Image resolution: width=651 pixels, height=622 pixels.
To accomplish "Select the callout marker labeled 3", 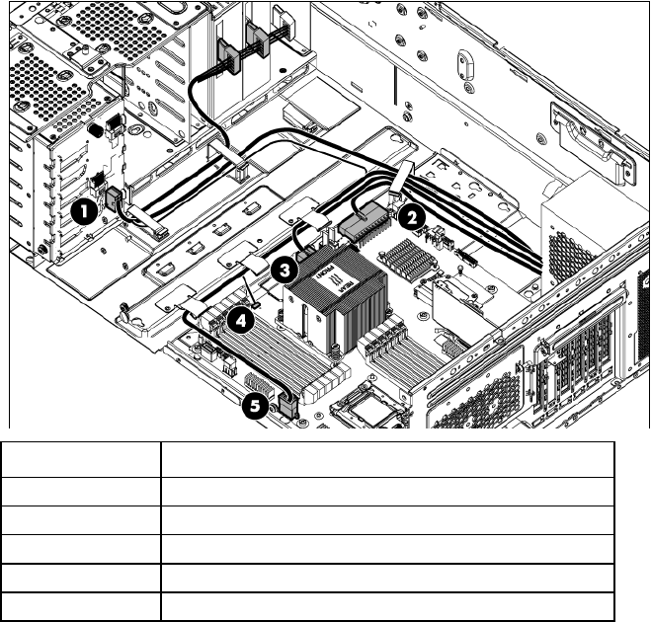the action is pos(284,267).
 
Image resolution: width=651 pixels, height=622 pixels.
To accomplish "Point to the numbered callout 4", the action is pos(239,321).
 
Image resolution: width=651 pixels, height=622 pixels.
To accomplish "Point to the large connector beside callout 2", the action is pos(363,224).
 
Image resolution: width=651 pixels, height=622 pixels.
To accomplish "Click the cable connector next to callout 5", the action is pos(287,402).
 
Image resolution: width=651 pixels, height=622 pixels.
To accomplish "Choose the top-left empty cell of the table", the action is pos(80,456).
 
